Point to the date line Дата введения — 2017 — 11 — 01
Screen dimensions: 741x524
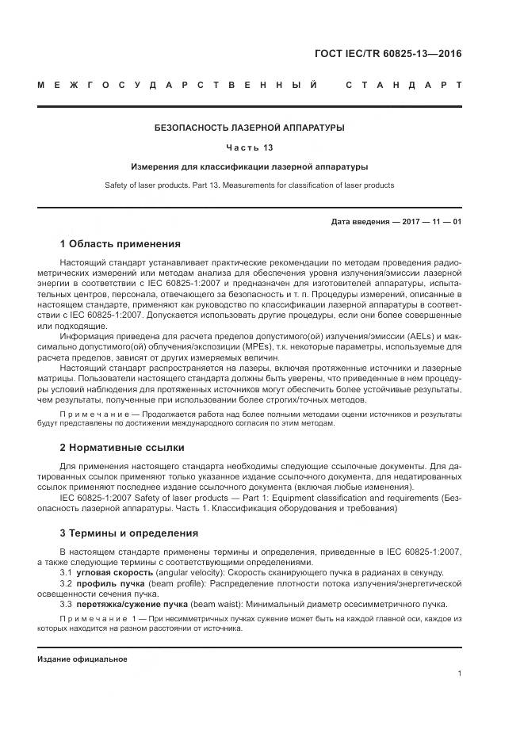[396, 222]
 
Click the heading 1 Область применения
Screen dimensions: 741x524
[120, 243]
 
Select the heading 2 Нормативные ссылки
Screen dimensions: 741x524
[122, 447]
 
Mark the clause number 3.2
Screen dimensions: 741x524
[67, 582]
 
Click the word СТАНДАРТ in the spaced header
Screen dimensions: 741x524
[404, 84]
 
